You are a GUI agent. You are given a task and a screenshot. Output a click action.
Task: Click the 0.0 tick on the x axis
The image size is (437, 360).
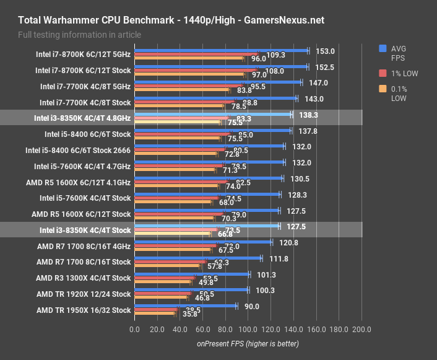coord(134,329)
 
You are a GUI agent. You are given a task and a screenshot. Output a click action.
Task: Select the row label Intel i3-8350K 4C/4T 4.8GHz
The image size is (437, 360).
coord(85,118)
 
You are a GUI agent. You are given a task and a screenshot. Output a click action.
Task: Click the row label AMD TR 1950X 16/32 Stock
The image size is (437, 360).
coord(84,310)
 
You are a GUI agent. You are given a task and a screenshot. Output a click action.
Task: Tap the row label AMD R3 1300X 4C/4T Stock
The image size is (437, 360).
coord(84,278)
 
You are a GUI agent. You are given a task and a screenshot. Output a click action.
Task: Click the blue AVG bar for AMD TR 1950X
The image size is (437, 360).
coord(185,305)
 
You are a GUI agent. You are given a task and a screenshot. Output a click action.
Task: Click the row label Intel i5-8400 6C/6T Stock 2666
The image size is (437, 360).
coord(78,150)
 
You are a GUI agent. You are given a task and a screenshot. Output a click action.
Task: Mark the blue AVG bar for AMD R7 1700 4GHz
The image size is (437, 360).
coord(202,242)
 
